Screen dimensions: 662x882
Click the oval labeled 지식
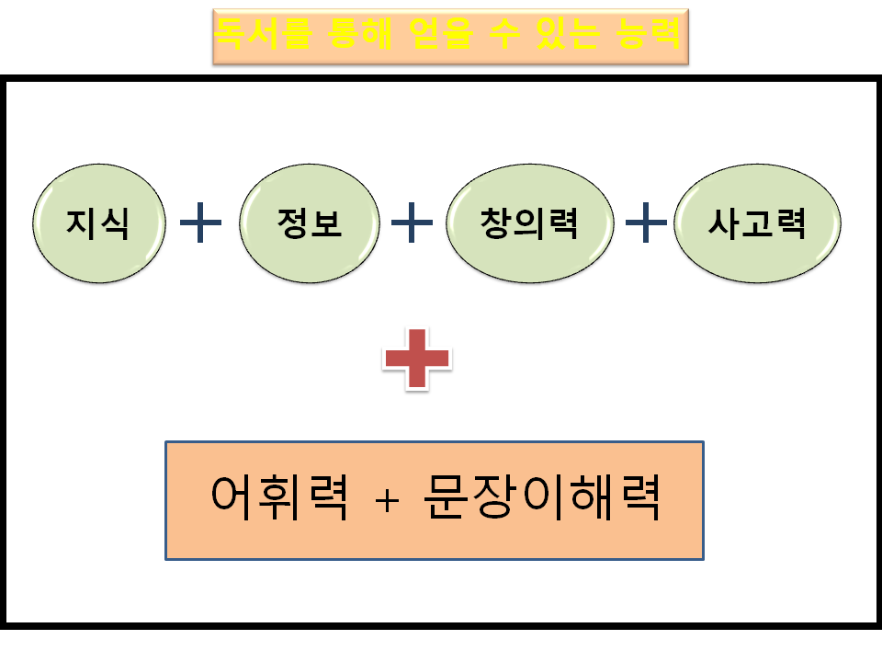(x=98, y=223)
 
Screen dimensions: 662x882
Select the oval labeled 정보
(x=308, y=223)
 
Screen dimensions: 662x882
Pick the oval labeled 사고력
(x=756, y=223)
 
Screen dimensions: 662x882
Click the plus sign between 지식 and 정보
(x=201, y=223)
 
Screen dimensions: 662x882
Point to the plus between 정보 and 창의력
(x=412, y=223)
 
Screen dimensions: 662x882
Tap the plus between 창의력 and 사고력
(x=646, y=223)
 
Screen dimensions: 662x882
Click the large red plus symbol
(x=416, y=358)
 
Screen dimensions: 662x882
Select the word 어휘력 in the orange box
(x=279, y=499)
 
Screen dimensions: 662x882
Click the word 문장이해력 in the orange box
(x=543, y=499)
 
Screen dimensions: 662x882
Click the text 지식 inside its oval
(x=98, y=223)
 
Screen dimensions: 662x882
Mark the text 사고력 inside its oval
(x=756, y=223)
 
